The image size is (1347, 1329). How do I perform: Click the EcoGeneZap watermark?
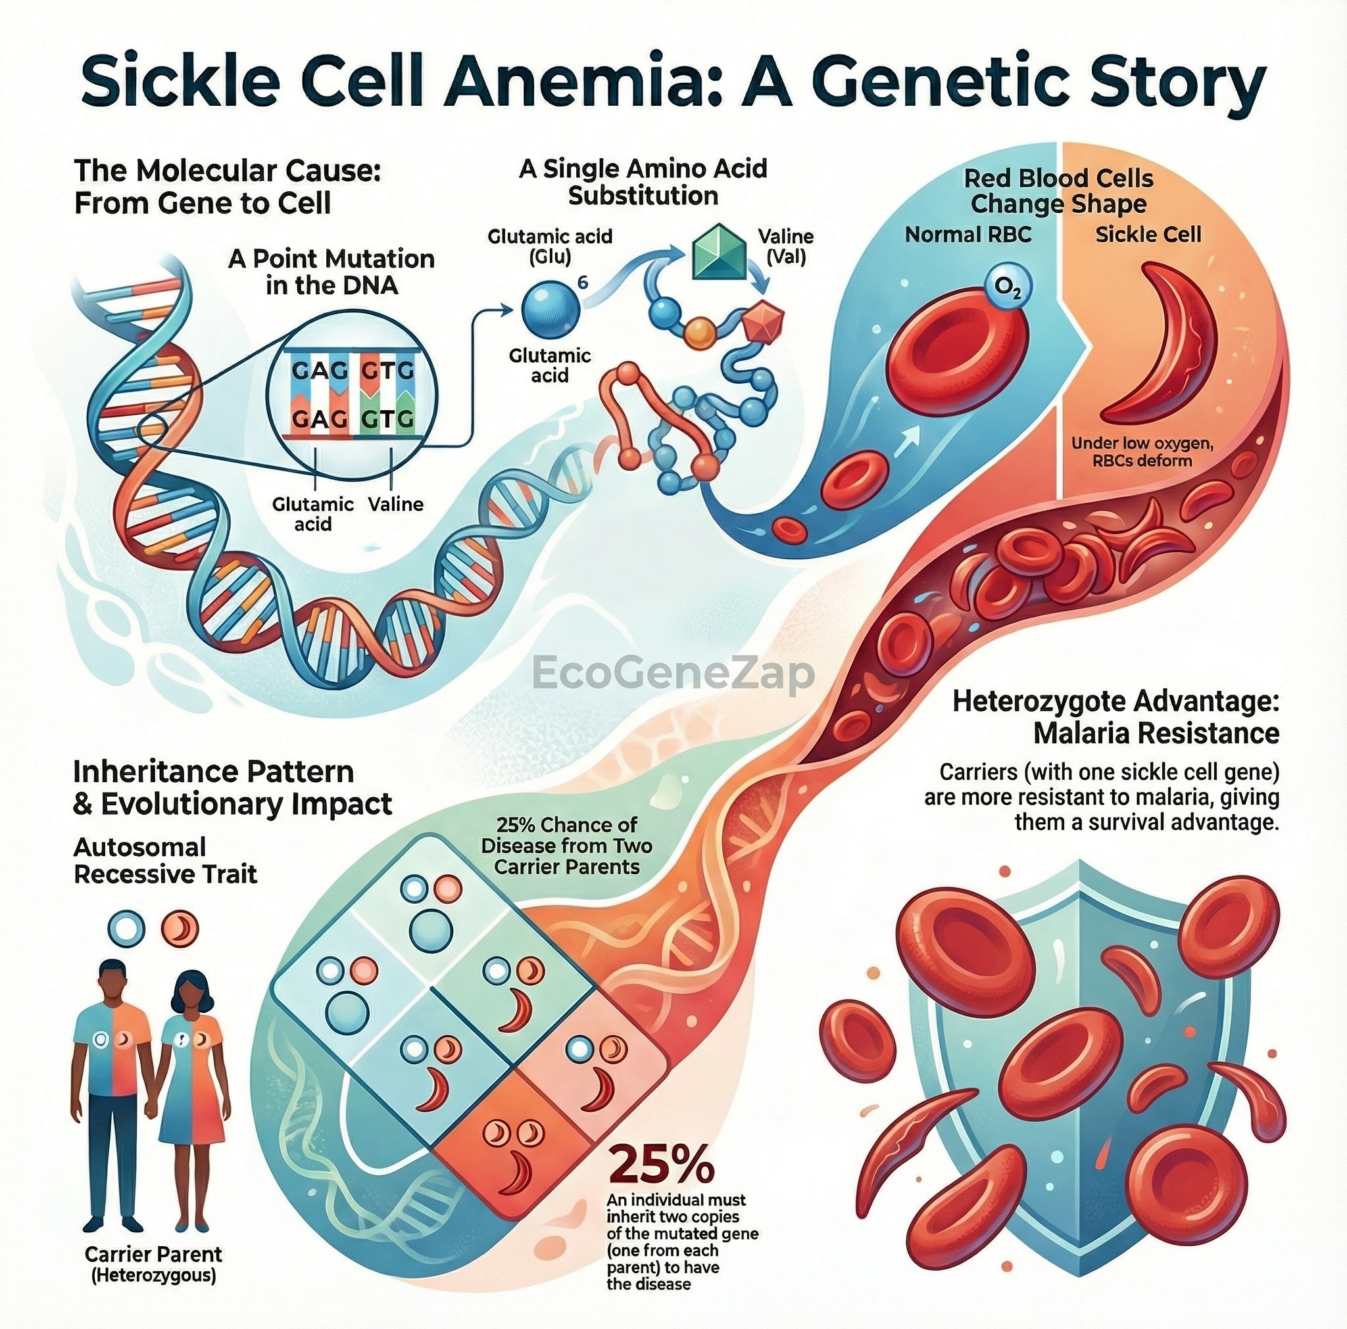point(673,673)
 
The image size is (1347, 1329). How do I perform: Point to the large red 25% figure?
point(662,1166)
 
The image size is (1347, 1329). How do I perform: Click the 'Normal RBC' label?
point(967,235)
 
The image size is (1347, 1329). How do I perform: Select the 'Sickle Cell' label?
point(1148,234)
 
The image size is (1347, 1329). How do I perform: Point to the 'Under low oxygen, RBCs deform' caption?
point(1142,452)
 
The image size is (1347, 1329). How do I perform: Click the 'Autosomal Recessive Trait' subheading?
point(166,860)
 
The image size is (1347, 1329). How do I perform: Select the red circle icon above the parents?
point(180,928)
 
